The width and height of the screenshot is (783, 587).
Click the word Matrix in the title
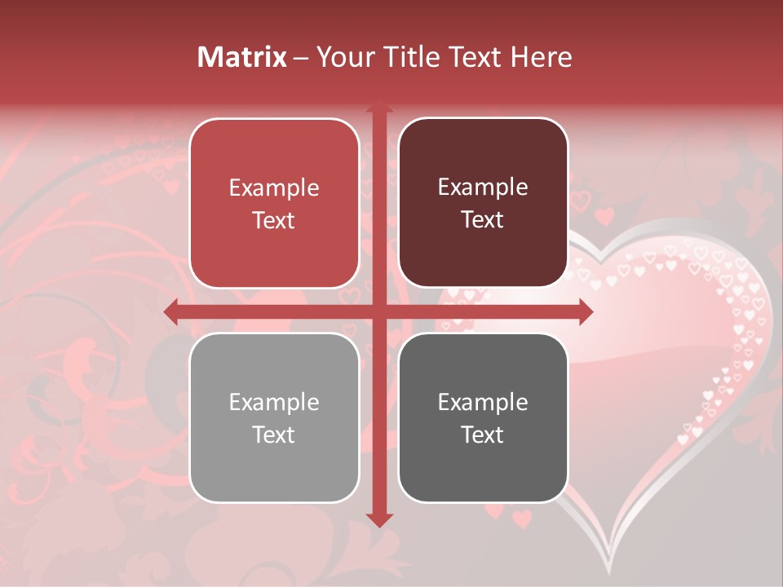(x=241, y=57)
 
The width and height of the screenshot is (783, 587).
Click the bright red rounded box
(x=274, y=203)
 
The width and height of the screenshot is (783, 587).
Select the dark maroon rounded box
(x=483, y=203)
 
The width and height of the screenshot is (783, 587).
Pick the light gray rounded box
(x=274, y=417)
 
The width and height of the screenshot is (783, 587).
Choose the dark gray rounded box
(x=483, y=417)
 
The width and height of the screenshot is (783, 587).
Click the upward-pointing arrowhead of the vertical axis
(x=378, y=106)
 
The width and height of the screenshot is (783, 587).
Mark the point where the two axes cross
(x=378, y=311)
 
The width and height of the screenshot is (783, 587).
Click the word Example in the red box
(x=274, y=188)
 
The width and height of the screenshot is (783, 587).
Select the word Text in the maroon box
(x=483, y=220)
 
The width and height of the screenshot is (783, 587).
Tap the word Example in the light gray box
(x=274, y=403)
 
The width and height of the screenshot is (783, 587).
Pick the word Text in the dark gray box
(x=483, y=435)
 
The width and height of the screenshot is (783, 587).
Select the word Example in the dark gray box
(x=483, y=403)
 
